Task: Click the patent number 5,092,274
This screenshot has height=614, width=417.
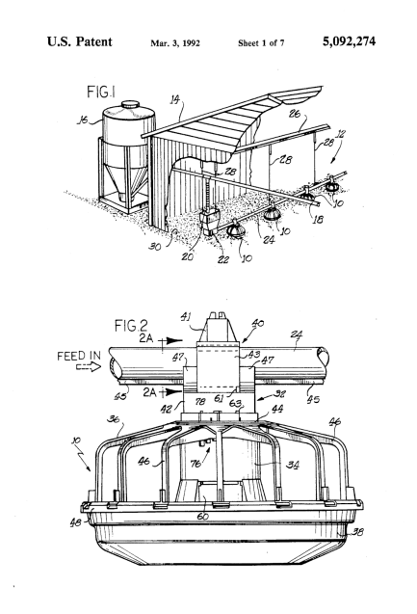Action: [349, 41]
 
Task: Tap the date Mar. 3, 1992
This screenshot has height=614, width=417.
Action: [175, 43]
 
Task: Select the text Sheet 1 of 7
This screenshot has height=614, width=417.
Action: [261, 43]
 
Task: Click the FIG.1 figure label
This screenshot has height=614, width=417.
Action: [101, 93]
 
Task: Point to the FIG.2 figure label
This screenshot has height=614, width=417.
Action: [131, 326]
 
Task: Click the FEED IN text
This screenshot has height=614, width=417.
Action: [79, 356]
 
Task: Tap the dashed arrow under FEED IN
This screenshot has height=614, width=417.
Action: [88, 367]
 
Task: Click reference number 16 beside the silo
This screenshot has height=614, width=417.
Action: [82, 120]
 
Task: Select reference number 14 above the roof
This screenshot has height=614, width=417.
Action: [175, 100]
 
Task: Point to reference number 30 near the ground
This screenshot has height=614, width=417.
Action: [155, 247]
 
